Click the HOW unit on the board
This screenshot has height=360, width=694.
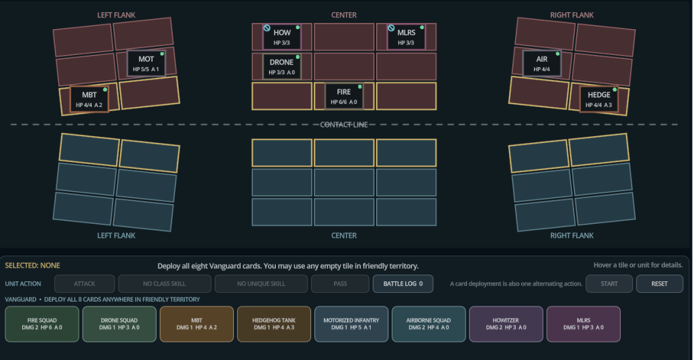(x=282, y=37)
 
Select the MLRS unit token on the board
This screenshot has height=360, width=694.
(x=407, y=37)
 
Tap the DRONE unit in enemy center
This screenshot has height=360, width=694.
(x=282, y=66)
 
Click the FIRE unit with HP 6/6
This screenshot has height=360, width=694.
(x=344, y=96)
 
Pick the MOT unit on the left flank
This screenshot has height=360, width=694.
(x=146, y=63)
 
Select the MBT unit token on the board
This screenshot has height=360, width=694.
(x=89, y=99)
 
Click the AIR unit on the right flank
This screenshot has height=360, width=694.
(x=542, y=63)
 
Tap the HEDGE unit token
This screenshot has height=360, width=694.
(x=599, y=99)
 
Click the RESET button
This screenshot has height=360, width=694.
(x=659, y=284)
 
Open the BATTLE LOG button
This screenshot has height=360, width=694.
(x=403, y=284)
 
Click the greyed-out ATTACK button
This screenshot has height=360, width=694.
(x=85, y=284)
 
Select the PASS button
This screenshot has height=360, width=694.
(x=340, y=284)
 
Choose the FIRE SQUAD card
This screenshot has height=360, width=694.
(x=42, y=324)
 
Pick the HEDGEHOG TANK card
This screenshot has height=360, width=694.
(x=274, y=324)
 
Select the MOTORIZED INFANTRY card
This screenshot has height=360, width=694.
(x=352, y=324)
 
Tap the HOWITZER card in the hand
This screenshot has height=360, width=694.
(x=506, y=324)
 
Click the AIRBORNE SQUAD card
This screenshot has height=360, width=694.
(x=428, y=324)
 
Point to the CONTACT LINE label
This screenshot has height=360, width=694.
(x=344, y=125)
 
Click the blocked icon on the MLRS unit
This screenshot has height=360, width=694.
(x=391, y=28)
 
